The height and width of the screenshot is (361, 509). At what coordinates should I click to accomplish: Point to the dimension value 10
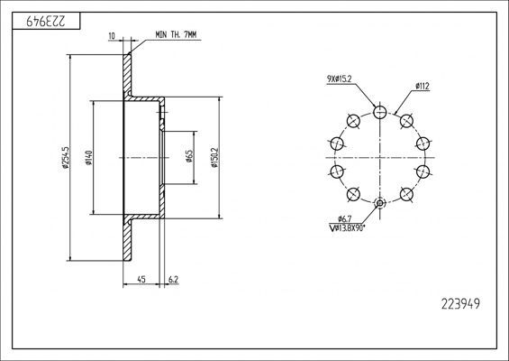coord(111,36)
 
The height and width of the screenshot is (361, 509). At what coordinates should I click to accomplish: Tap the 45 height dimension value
coord(141,279)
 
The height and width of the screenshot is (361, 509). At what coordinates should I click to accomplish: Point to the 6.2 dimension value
coord(172,279)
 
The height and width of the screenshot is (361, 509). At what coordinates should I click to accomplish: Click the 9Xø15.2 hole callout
coord(340,79)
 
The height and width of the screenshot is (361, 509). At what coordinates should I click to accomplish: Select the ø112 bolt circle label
coord(421,87)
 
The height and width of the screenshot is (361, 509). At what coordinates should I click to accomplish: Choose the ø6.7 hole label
coord(344,219)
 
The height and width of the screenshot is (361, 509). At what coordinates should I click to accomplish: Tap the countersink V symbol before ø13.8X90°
coord(333,229)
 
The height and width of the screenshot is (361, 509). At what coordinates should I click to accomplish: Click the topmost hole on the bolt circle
coord(380,112)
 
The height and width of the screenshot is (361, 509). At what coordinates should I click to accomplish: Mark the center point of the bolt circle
coord(380,157)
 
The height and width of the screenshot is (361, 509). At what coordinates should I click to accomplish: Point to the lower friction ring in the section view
coord(128,242)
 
